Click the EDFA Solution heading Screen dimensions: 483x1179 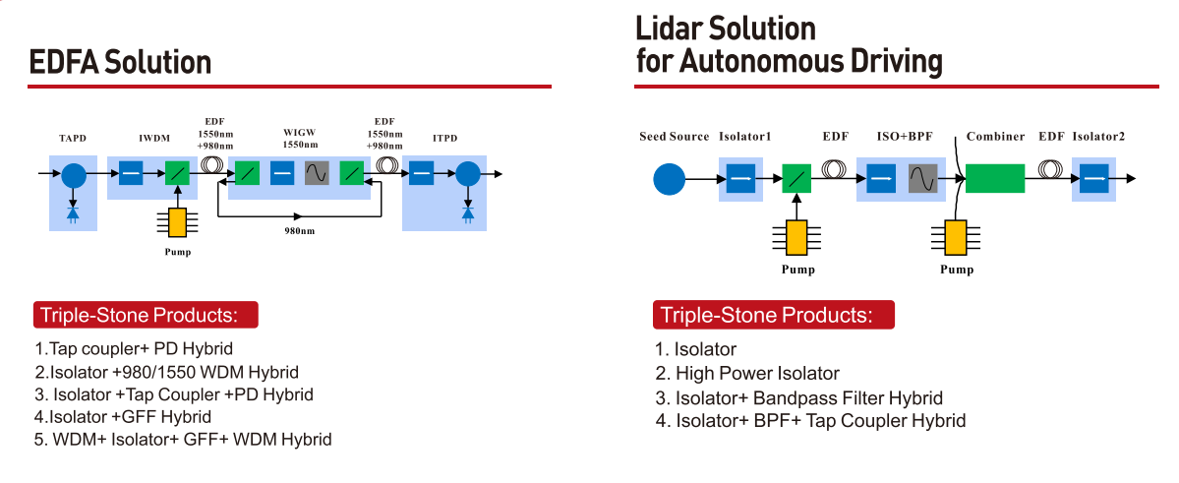120,62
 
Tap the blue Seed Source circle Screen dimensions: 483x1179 669,179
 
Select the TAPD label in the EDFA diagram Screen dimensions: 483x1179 73,139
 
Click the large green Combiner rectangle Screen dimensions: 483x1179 995,179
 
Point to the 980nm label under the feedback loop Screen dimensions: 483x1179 300,230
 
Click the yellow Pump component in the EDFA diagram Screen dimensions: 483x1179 178,223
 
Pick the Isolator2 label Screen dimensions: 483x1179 1098,137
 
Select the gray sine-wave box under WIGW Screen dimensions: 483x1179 317,174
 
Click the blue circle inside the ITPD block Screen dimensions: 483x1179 468,174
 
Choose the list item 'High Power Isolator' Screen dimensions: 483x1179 747,373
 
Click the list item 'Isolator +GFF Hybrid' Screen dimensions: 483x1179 123,416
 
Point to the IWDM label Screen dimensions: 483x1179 154,139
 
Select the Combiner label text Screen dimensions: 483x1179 995,137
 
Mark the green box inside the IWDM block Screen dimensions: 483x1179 178,174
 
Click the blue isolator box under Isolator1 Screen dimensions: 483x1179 740,179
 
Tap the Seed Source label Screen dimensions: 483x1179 674,137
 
